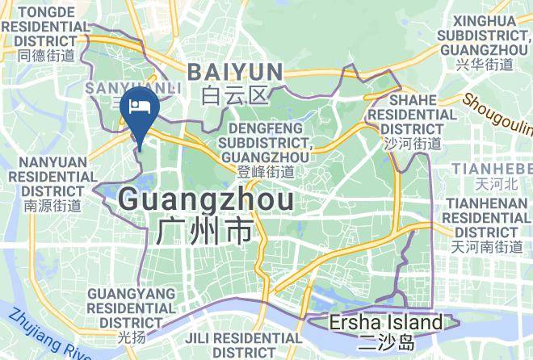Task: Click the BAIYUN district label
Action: (235, 72)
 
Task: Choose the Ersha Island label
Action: (386, 324)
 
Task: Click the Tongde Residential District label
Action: (45, 26)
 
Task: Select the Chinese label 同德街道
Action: (45, 55)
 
